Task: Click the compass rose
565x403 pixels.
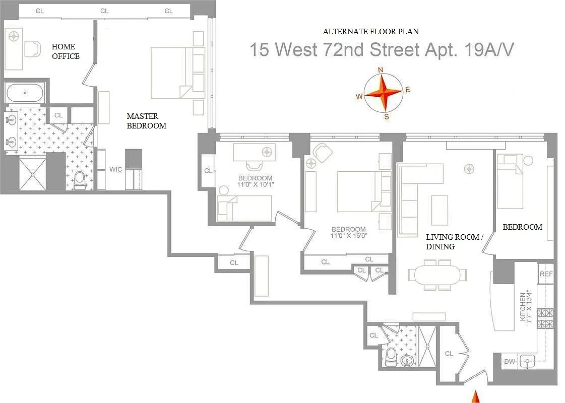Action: [384, 92]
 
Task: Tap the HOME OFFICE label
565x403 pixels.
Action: [66, 51]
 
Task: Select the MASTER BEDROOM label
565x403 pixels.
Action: [146, 121]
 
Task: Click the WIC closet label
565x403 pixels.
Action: [115, 169]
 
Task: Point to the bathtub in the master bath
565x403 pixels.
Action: [24, 93]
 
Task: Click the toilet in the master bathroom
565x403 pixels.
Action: [80, 179]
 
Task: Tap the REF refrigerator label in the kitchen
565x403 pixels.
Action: [546, 274]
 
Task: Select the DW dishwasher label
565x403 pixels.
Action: [509, 361]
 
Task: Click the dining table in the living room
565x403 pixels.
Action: [437, 275]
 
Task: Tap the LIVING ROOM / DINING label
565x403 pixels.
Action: [452, 242]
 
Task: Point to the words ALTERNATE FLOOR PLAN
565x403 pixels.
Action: [370, 31]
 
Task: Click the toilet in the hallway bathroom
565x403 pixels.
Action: [391, 356]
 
